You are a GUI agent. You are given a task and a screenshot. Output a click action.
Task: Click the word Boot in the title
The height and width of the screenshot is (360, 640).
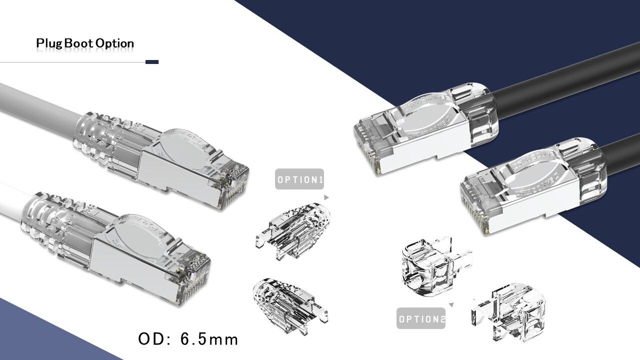coord(78,43)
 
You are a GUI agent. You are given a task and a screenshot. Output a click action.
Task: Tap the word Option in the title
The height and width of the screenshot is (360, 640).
coord(115,43)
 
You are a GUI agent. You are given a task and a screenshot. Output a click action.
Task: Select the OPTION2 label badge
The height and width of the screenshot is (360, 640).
coord(421,318)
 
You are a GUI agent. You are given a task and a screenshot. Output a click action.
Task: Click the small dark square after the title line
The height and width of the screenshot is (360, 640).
coord(152,62)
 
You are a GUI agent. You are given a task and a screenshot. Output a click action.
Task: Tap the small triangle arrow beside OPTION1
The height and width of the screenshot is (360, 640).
coord(326,197)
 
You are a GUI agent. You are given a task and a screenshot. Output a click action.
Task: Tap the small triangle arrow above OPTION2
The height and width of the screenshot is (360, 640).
coord(451,304)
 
